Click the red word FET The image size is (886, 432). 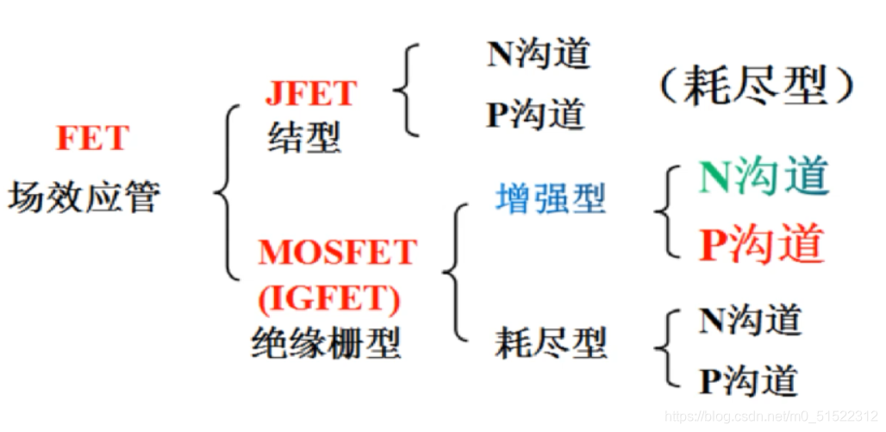tap(92, 138)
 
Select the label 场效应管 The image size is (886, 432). tap(84, 197)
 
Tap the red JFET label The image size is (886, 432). tap(311, 94)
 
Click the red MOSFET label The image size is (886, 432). tap(337, 253)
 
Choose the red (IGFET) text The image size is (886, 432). tap(329, 297)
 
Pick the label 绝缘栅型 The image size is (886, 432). tap(326, 344)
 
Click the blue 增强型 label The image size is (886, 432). tap(550, 199)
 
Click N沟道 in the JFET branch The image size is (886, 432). tap(539, 54)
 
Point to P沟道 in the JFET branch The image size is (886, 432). tap(535, 115)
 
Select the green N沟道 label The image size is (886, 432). tap(763, 177)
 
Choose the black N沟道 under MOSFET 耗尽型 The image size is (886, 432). tap(750, 320)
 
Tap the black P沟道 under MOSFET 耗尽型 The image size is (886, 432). tap(747, 380)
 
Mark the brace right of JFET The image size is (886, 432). tap(406, 90)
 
